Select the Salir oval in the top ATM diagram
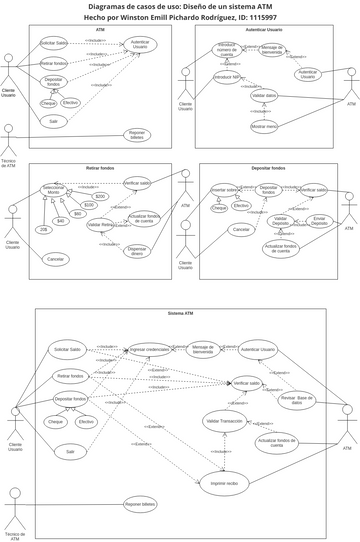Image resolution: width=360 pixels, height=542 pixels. point(53,121)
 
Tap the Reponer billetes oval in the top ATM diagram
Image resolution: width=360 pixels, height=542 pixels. point(138,135)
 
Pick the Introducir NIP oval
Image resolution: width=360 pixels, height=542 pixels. point(227,77)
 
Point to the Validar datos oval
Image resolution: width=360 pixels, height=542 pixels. point(264,95)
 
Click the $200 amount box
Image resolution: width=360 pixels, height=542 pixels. point(100,197)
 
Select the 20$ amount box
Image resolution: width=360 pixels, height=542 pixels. point(43,230)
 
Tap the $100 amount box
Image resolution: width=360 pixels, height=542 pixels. point(89,205)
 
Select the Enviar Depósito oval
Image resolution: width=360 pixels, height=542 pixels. point(319,221)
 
